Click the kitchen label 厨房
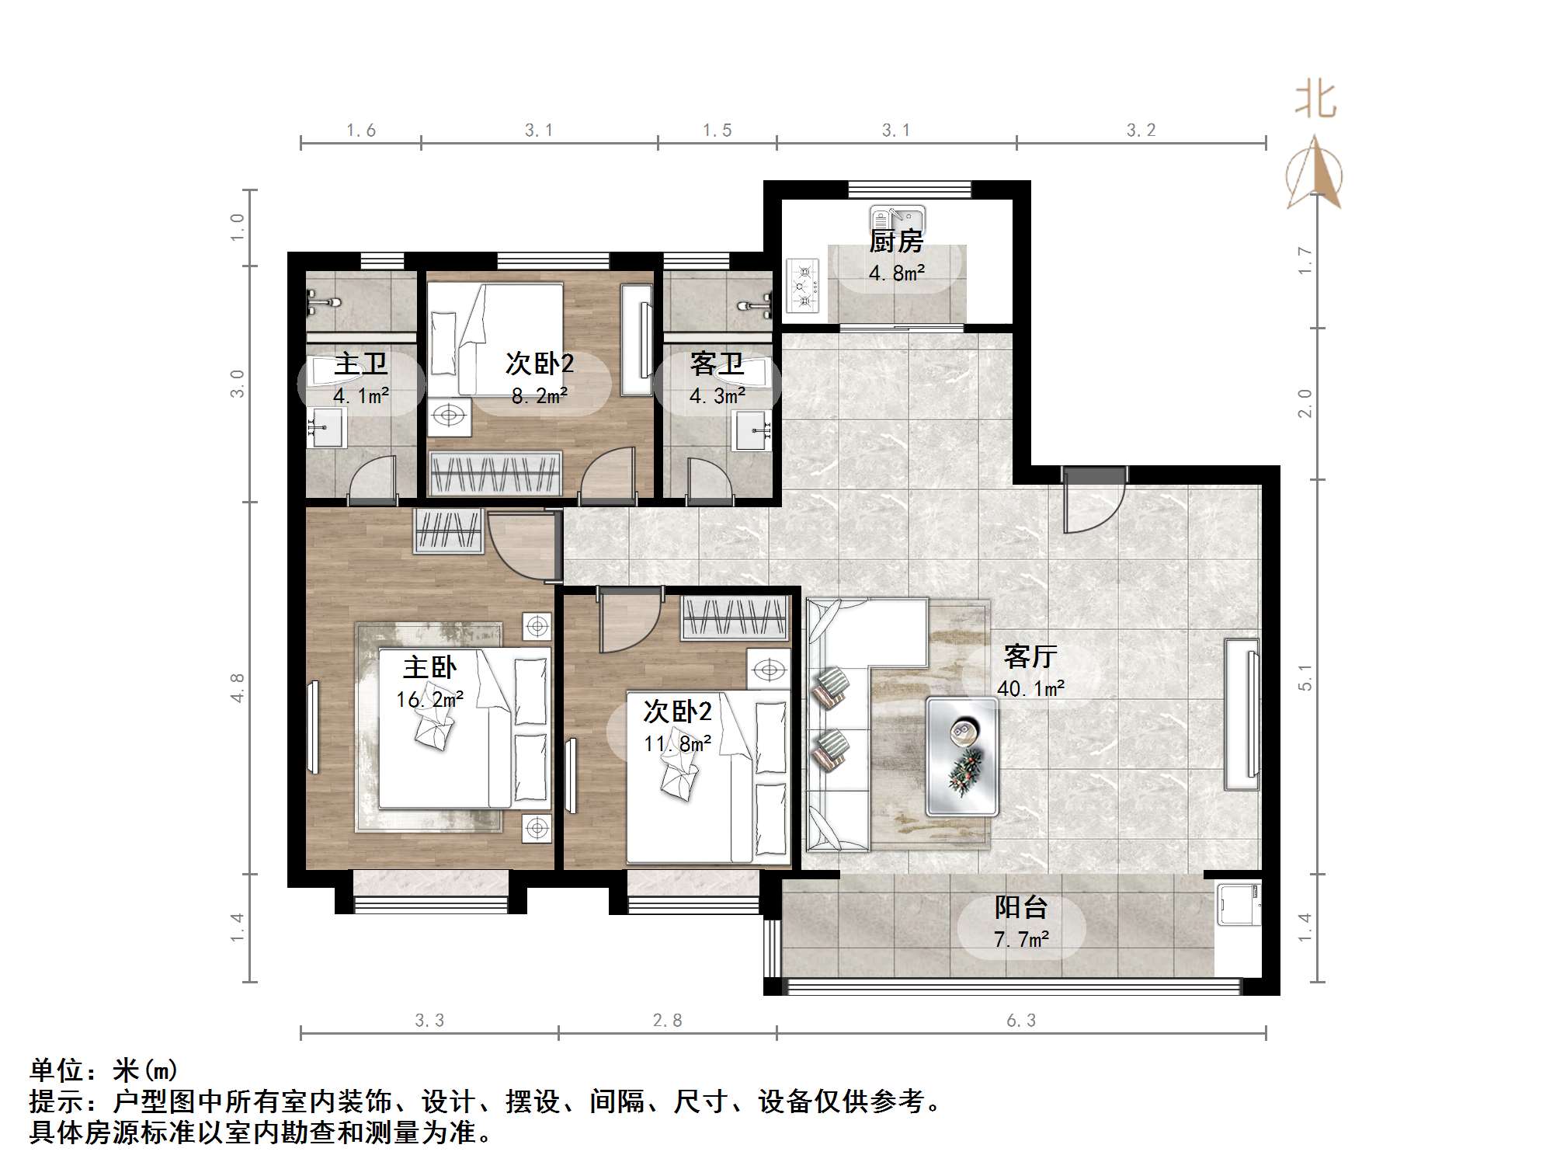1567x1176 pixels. (895, 242)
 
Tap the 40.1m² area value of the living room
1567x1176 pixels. (1030, 688)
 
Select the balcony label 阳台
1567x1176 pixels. (1021, 907)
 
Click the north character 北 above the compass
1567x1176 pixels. (1315, 100)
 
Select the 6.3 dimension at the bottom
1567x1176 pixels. (1021, 1021)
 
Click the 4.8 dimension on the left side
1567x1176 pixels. (238, 687)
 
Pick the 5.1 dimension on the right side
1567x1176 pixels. (1305, 677)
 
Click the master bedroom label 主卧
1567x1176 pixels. (429, 667)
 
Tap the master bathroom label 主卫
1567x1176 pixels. (360, 364)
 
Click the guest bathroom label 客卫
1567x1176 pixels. (717, 364)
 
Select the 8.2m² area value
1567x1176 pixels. (539, 396)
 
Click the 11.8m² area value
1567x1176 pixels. (677, 744)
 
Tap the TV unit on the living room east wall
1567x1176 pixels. (1242, 714)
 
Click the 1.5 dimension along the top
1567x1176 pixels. (717, 130)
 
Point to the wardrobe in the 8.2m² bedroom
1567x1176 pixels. (495, 473)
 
